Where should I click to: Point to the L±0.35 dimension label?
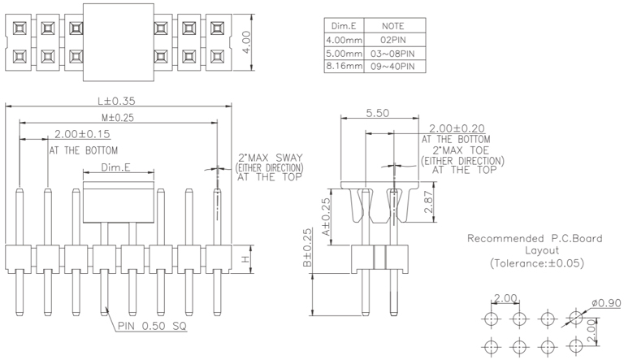(115, 102)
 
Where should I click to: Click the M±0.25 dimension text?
(115, 118)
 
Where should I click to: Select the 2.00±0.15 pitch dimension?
(82, 134)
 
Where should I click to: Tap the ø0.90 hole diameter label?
(605, 302)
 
